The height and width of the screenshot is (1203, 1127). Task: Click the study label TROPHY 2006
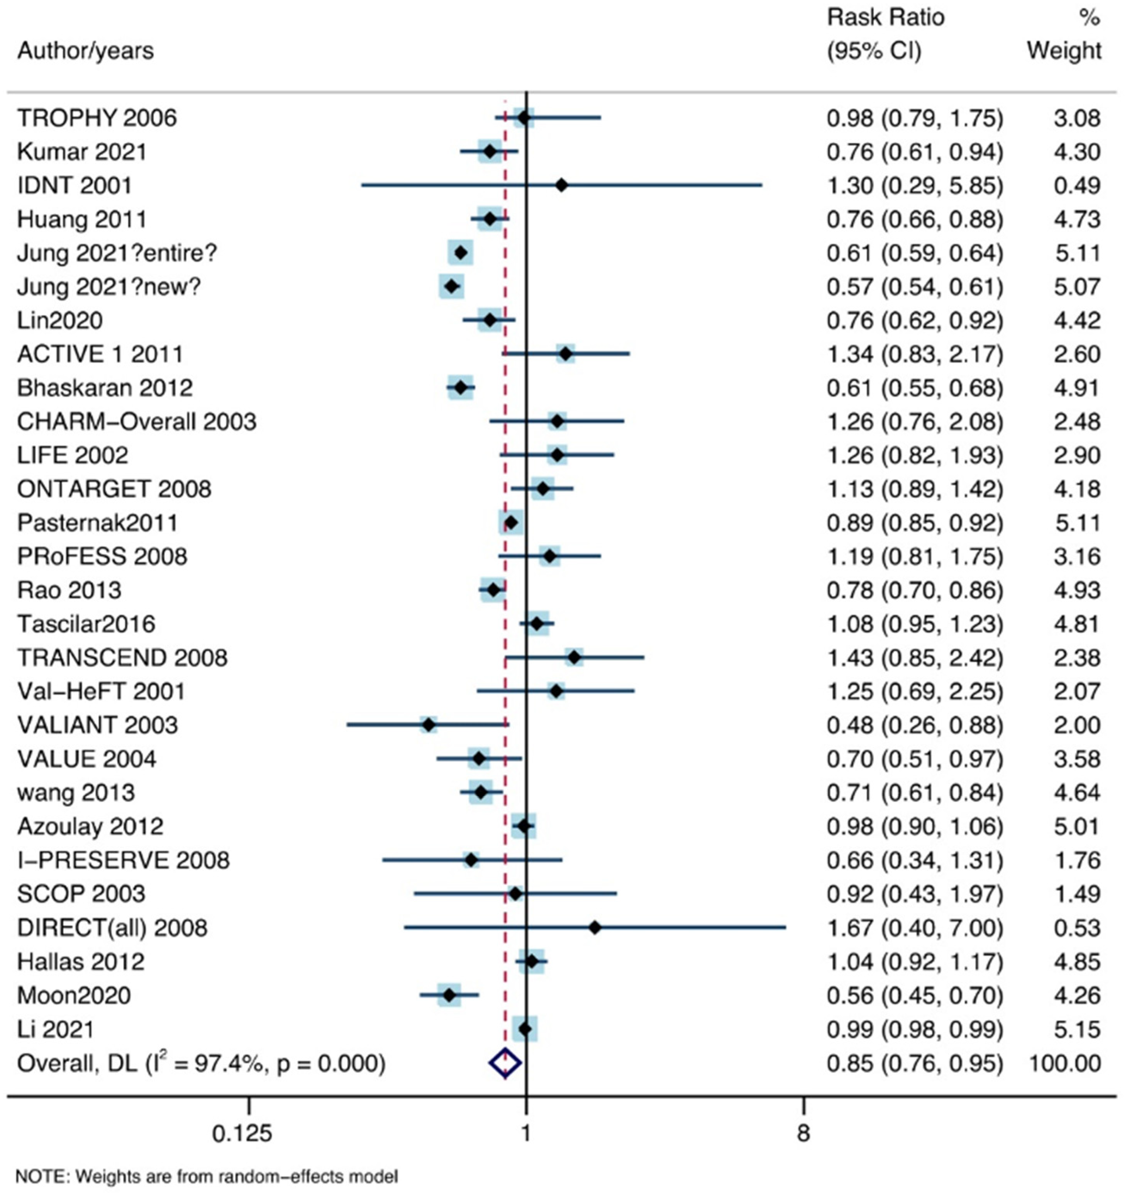point(97,118)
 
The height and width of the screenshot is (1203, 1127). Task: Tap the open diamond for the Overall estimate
point(505,1063)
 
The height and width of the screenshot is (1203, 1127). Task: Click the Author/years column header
point(85,51)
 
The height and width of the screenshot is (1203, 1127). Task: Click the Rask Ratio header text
point(885,17)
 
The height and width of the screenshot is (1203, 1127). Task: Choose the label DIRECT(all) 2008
point(112,928)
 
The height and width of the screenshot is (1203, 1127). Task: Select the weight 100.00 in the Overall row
point(1065,1063)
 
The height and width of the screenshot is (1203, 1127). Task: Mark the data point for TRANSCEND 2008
point(574,657)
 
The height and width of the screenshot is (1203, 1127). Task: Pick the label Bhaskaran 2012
point(105,388)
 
